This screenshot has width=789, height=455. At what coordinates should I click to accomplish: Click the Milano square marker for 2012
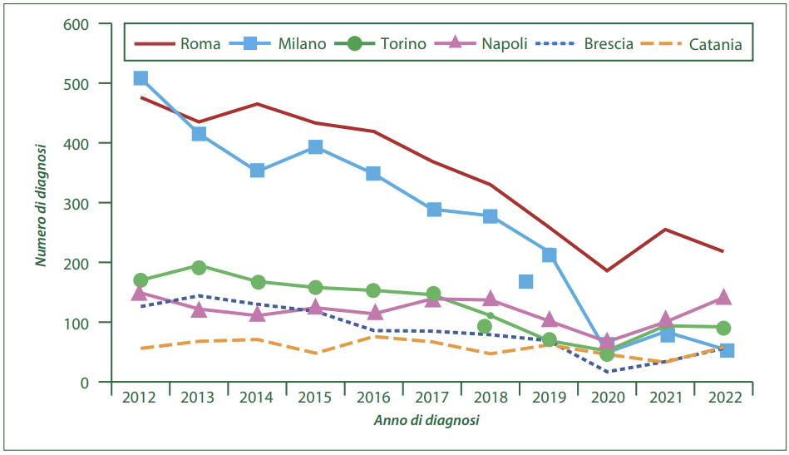tap(141, 78)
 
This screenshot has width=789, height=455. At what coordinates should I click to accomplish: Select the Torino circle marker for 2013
tap(199, 267)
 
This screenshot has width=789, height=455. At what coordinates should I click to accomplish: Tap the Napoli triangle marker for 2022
tap(723, 297)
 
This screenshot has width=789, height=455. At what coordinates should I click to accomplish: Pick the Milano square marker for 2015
tap(315, 147)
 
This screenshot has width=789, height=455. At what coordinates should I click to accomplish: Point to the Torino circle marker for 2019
tap(549, 339)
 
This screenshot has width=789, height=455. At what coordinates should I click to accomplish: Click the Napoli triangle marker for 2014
tap(257, 314)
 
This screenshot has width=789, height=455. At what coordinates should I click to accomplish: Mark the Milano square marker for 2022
tap(727, 350)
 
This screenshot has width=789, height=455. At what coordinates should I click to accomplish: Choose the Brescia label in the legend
tap(609, 44)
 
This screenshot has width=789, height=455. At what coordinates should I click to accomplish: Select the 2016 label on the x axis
tap(373, 398)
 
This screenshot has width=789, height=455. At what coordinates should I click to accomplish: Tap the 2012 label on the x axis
tap(140, 398)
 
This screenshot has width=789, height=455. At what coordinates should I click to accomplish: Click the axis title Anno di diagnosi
tap(426, 420)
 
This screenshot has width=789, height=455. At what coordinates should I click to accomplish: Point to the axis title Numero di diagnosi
tap(40, 204)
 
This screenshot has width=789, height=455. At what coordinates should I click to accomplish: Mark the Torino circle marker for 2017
tap(432, 294)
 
